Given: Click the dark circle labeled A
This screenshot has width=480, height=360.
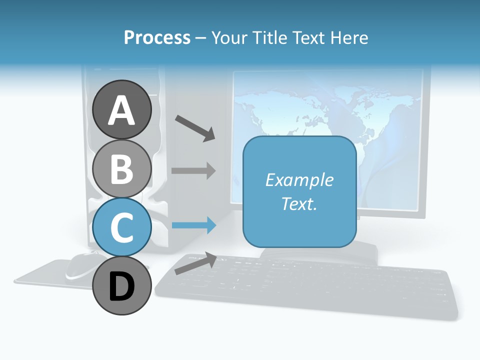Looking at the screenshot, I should pyautogui.click(x=122, y=109).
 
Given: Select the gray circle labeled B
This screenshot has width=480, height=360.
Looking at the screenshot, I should pyautogui.click(x=122, y=168).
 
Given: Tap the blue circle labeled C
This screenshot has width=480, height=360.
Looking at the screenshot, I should pyautogui.click(x=122, y=227).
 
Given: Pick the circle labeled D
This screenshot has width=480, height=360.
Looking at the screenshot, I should pyautogui.click(x=122, y=286).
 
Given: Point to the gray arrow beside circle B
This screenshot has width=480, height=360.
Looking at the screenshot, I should pyautogui.click(x=193, y=170).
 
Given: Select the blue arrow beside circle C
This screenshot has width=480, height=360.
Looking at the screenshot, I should pyautogui.click(x=193, y=225).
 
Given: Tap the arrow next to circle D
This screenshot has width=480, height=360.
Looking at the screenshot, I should pyautogui.click(x=195, y=263).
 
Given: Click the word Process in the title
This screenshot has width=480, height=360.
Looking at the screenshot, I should pyautogui.click(x=157, y=38).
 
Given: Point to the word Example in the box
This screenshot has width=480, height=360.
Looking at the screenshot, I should pyautogui.click(x=299, y=180).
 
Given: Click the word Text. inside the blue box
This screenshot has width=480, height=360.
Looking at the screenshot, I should pyautogui.click(x=299, y=204).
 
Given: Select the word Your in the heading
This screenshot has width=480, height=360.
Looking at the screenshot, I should pyautogui.click(x=229, y=38).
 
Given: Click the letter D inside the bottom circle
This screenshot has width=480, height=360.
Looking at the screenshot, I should pyautogui.click(x=122, y=287).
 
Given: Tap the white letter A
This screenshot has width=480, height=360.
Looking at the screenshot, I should pyautogui.click(x=122, y=110).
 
